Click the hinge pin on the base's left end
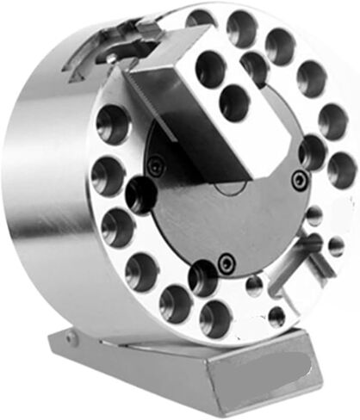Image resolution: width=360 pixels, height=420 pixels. tap(71, 340)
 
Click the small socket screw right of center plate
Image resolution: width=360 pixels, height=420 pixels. tap(299, 180)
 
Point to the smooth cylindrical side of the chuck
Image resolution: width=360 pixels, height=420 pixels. tap(43, 198)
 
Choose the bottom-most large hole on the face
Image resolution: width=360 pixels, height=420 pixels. tap(214, 318)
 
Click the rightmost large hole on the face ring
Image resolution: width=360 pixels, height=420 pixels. tap(341, 170)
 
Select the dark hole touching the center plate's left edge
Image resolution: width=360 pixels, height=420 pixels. tap(141, 194)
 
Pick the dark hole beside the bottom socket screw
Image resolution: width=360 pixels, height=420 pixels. tap(203, 276)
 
